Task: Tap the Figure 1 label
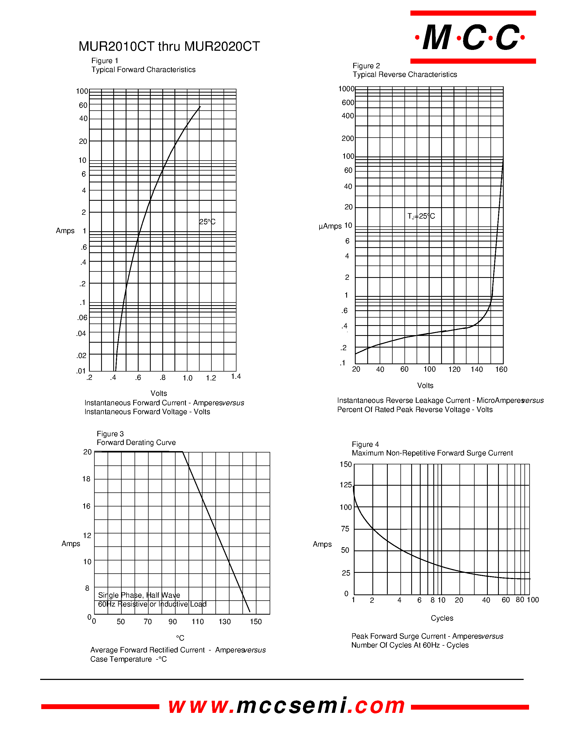(x=105, y=61)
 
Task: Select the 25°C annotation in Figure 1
(x=207, y=222)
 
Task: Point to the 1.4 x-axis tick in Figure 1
(x=236, y=376)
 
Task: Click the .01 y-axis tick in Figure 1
(x=81, y=371)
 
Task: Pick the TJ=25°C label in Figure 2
(x=421, y=216)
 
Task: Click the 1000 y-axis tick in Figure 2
(x=346, y=89)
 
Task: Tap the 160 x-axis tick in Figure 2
(x=501, y=370)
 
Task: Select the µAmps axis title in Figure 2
(x=330, y=226)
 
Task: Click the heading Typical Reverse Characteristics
(x=405, y=75)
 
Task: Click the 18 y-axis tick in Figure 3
(x=86, y=479)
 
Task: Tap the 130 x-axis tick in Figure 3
(x=224, y=622)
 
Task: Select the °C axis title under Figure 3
(x=180, y=638)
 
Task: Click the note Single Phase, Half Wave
(x=139, y=595)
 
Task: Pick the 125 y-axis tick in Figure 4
(x=346, y=485)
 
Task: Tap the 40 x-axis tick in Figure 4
(x=486, y=600)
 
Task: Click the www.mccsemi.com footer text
(x=286, y=706)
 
